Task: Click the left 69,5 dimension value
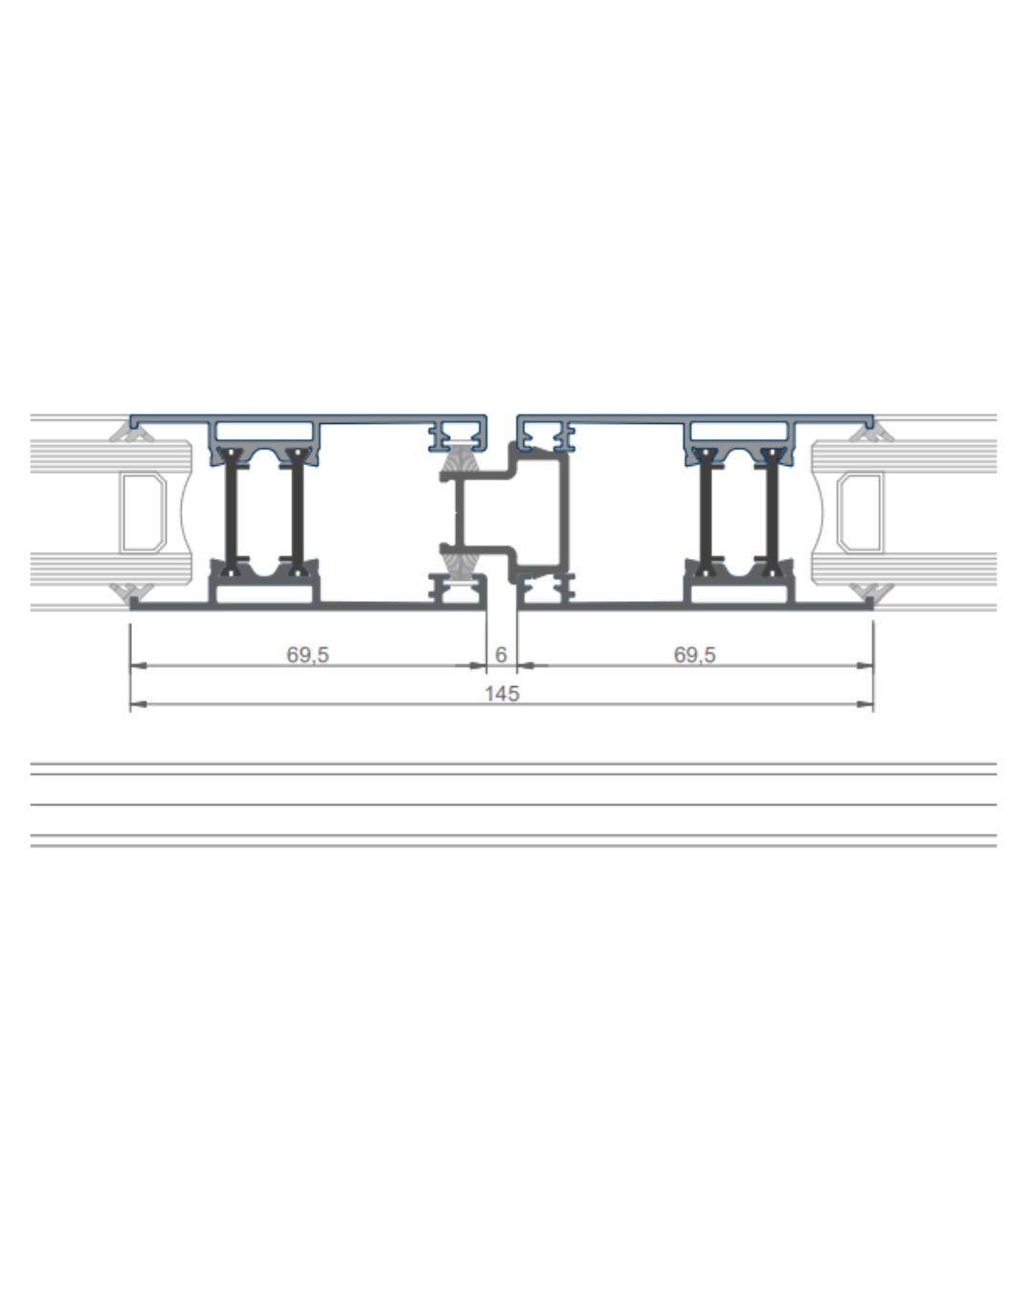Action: (307, 655)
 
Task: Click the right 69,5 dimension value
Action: (694, 655)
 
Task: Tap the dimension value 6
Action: (501, 655)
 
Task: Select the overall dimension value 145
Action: (502, 694)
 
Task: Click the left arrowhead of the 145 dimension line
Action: (138, 704)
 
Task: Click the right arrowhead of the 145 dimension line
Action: (865, 704)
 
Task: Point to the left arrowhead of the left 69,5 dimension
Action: (138, 665)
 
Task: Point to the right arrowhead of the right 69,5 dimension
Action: (865, 665)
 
